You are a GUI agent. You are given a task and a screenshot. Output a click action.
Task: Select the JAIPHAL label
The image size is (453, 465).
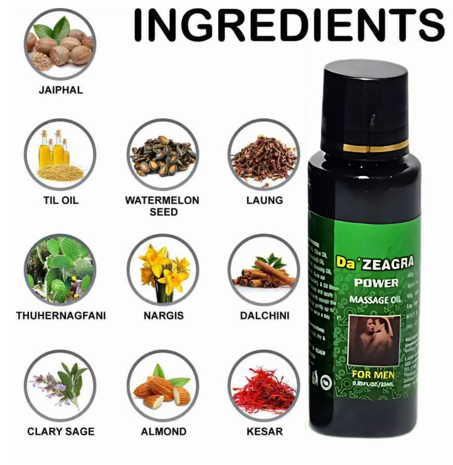[x=61, y=90]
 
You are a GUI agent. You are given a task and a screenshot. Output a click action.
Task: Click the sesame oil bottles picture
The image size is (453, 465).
[x=60, y=154]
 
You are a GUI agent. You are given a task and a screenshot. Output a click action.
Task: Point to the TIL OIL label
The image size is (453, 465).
[x=61, y=200]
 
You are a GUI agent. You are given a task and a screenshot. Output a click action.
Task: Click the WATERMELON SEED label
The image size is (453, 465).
[x=162, y=206]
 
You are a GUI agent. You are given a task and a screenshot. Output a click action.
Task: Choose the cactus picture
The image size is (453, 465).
[x=60, y=269]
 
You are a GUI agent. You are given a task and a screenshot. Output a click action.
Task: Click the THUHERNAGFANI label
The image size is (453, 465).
[x=61, y=316]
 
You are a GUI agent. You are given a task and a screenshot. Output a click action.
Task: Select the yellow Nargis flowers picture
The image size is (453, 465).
[x=163, y=269]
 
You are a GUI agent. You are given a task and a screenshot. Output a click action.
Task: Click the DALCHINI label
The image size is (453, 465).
[x=265, y=316]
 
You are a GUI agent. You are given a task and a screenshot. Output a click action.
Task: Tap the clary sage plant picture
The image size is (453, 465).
[x=60, y=385]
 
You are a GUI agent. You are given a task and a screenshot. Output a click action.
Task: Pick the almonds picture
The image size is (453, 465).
[x=163, y=385]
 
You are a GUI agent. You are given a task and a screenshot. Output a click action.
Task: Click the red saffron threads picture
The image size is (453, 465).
[x=264, y=385]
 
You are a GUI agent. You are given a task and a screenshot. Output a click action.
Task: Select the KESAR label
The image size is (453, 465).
[x=265, y=431]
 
